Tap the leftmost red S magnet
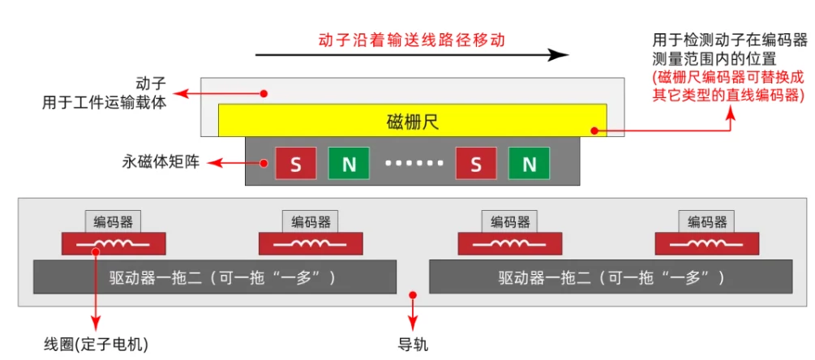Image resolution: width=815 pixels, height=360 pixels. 295,164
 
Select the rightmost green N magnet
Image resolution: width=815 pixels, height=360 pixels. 529,164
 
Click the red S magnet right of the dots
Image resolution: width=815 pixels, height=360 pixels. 476,164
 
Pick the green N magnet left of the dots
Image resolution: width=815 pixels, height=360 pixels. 349,164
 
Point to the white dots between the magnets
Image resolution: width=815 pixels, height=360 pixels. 413,164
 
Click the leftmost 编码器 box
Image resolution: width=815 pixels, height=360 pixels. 113,221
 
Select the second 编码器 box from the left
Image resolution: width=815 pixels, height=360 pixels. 311,221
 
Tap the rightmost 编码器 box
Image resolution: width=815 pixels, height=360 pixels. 707,221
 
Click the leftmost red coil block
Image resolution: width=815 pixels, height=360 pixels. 113,243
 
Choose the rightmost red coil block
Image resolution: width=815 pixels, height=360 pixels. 707,243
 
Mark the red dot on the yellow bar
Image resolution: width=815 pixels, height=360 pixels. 594,130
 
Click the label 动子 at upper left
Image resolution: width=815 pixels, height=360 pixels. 152,84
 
